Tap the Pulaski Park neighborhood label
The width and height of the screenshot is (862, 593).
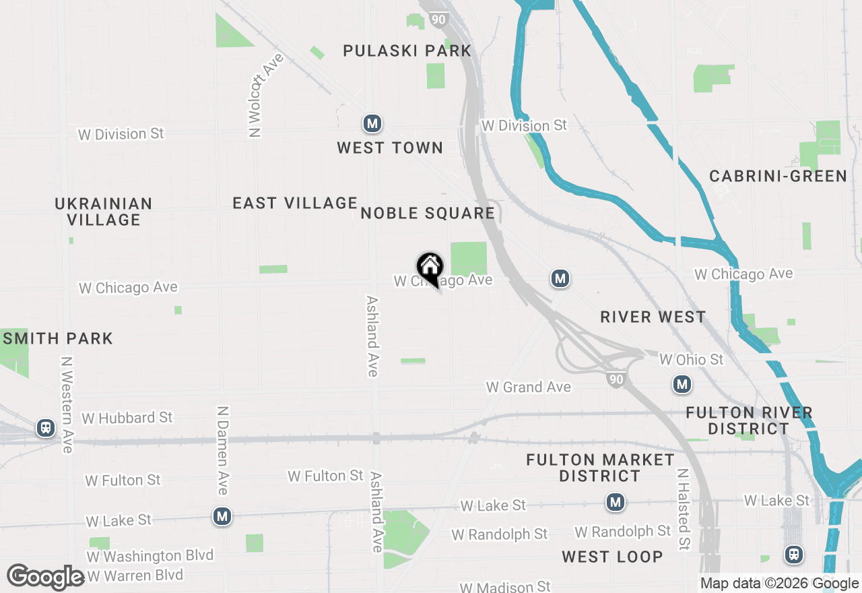tap(407, 51)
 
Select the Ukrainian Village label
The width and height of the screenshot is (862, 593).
tap(104, 212)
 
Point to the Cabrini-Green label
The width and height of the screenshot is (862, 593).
tap(778, 177)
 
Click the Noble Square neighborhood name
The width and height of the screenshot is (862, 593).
tap(428, 214)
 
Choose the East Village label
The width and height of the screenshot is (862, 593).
tap(295, 203)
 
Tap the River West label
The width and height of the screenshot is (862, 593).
tap(653, 317)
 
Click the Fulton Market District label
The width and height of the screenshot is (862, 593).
tap(600, 468)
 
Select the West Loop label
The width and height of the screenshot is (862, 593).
tap(612, 557)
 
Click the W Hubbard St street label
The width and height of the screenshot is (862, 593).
tap(127, 418)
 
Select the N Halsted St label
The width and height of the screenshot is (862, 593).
tap(683, 509)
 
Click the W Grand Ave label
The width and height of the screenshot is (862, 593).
tap(529, 387)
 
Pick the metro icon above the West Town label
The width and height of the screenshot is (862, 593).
tap(372, 123)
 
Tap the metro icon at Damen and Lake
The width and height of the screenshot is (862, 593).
tap(222, 517)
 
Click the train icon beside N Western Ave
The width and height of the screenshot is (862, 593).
tap(46, 427)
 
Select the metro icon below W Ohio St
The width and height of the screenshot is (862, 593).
tap(682, 385)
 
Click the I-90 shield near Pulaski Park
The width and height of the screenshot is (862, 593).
tap(438, 20)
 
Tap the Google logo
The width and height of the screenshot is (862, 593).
tap(45, 577)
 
